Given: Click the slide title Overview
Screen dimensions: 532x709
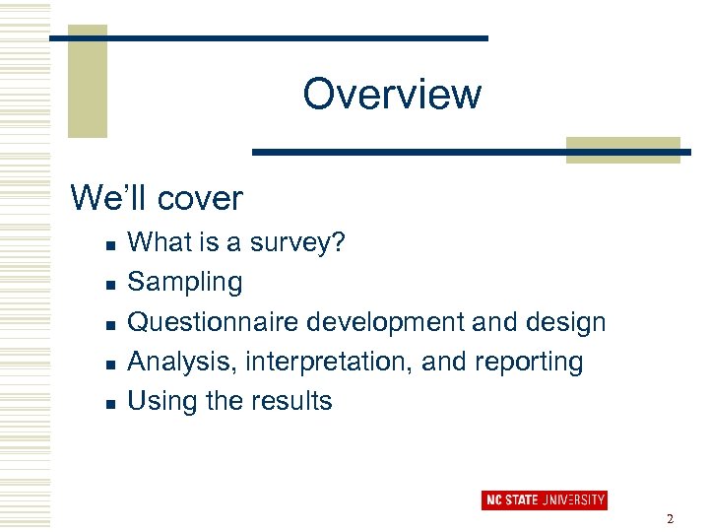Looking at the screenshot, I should click(x=392, y=95).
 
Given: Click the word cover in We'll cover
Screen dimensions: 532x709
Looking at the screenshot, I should click(x=199, y=198).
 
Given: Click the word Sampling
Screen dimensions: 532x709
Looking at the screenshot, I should click(x=185, y=283).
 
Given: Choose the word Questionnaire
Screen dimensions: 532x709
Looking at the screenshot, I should click(x=214, y=322).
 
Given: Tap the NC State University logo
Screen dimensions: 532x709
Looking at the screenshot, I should click(x=544, y=499).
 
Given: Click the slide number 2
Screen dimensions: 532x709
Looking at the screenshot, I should click(x=670, y=519).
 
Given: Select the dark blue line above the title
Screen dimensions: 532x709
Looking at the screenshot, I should click(x=268, y=38).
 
